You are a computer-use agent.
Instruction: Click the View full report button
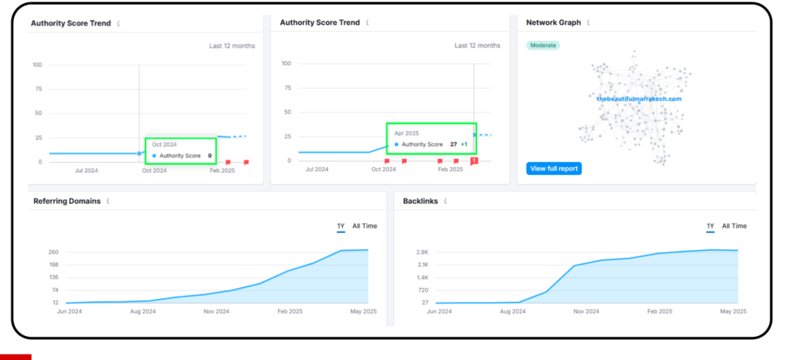coord(554,168)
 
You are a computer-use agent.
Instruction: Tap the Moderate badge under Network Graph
coord(543,46)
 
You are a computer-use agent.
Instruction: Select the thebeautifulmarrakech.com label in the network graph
coord(639,98)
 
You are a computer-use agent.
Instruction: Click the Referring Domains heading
coord(67,201)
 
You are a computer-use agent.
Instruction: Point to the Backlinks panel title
coord(421,201)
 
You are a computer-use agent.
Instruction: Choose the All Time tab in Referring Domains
coord(365,226)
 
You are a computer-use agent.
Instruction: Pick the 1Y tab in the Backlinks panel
coord(711,226)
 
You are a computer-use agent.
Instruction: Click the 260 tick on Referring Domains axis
coord(54,252)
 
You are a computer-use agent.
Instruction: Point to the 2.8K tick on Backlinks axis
coord(423,252)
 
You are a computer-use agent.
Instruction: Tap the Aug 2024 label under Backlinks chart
coord(512,311)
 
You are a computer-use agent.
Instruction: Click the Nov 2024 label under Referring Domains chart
coord(217,311)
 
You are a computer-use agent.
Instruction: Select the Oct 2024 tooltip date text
coord(164,145)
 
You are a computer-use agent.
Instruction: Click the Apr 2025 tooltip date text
coord(407,133)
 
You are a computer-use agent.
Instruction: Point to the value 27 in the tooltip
coord(454,145)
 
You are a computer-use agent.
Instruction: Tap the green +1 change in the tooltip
coord(464,145)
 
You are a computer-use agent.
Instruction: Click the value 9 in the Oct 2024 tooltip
coord(209,156)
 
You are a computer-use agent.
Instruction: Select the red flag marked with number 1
coord(474,161)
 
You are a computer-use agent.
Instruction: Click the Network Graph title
coord(553,22)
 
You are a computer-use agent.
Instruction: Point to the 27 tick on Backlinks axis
coord(425,303)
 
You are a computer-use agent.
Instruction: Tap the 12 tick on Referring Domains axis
coord(56,303)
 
